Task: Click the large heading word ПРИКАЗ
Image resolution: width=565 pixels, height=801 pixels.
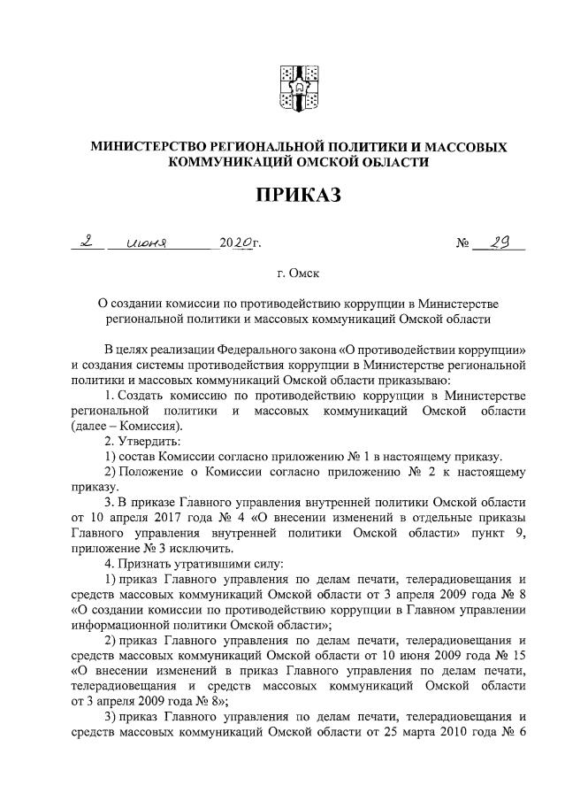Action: click(297, 193)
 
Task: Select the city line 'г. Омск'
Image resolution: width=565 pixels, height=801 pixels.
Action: click(298, 275)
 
